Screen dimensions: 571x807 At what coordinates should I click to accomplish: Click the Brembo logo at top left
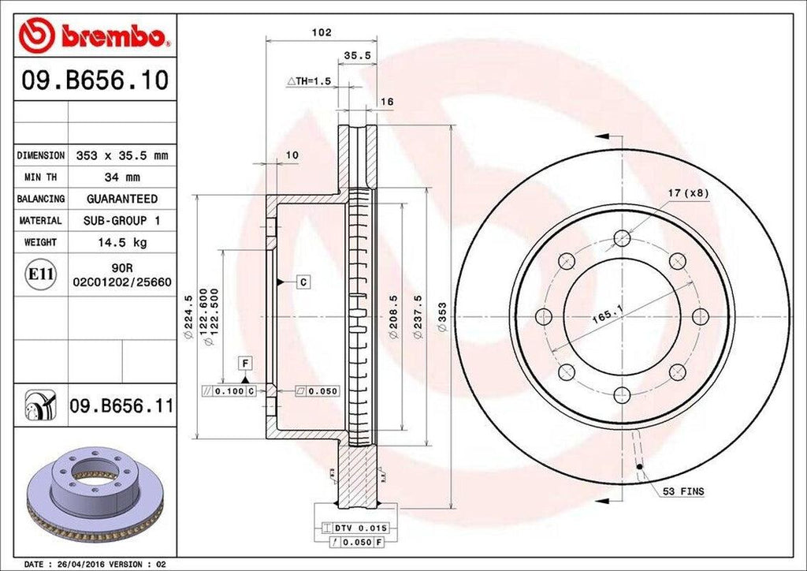point(95,35)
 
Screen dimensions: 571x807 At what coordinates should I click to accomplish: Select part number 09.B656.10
point(95,80)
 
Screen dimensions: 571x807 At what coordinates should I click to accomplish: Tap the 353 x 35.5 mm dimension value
point(121,155)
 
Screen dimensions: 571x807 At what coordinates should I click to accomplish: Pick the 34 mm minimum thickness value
point(121,177)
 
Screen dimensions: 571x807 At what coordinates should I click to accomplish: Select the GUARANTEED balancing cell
point(121,199)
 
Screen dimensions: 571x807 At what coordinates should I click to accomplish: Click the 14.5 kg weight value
point(121,242)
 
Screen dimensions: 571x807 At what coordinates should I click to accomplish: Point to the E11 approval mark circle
point(41,274)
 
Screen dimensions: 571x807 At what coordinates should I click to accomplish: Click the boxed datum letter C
point(302,281)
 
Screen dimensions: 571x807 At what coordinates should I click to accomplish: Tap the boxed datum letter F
point(246,364)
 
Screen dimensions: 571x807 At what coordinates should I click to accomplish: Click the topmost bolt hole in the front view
point(623,237)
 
